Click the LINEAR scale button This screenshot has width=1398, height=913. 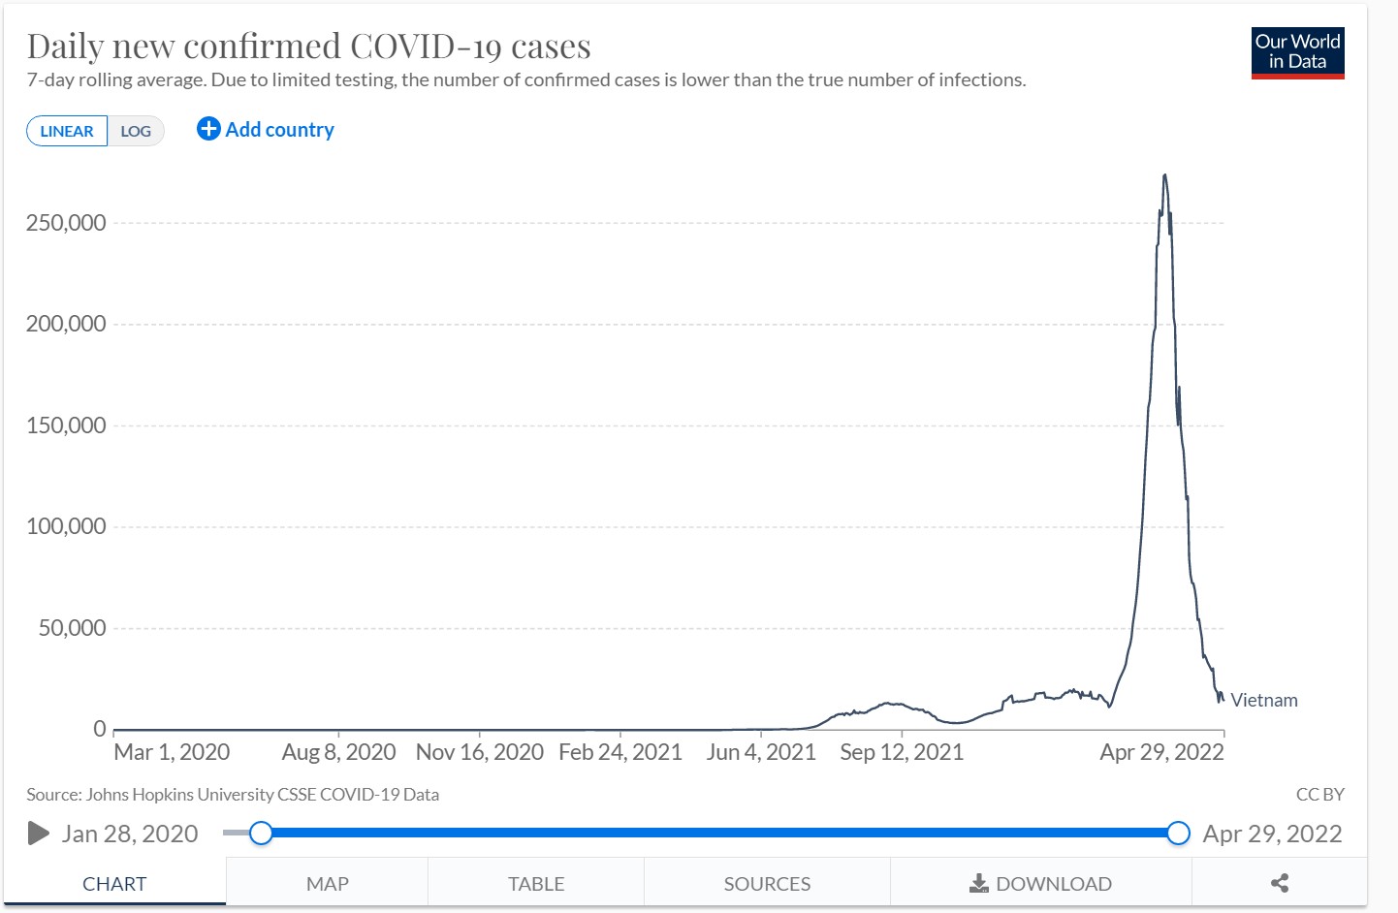pos(67,131)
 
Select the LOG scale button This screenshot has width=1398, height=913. pos(136,131)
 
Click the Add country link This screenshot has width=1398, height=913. pos(266,129)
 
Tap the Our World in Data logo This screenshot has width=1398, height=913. pos(1297,52)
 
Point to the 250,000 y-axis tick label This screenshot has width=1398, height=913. pos(66,223)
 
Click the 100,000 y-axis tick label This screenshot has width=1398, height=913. pos(66,526)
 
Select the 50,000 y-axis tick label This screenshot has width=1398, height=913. pos(72,628)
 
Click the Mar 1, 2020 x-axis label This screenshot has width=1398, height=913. pos(172,752)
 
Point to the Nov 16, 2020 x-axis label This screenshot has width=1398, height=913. pos(479,752)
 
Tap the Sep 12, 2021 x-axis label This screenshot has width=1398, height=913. pos(902,752)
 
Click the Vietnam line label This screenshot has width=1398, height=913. pos(1263,700)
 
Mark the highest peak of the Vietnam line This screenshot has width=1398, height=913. pos(1164,175)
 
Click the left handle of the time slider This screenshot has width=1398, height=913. pos(261,833)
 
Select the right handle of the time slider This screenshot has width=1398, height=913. pos(1178,833)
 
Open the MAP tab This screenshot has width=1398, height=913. pos(327,883)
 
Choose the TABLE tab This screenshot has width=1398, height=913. pos(536,883)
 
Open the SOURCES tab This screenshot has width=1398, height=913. pos(767,883)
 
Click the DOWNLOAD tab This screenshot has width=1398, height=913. pos(1040,883)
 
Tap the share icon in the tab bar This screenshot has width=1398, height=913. pos(1280,883)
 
